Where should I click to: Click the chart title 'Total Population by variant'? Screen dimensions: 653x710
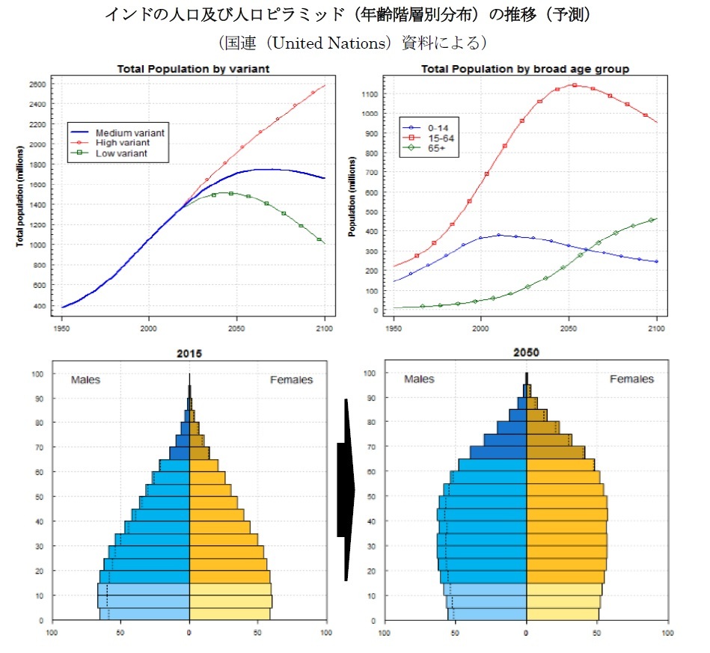193,69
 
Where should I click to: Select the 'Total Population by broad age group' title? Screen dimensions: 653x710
524,69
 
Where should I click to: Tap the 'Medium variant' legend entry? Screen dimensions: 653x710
130,132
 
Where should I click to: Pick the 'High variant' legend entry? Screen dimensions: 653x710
123,142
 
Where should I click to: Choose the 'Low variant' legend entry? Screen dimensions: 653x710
121,153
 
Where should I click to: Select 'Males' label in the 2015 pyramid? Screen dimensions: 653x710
85,380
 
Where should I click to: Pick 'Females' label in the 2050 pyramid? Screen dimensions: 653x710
631,379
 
